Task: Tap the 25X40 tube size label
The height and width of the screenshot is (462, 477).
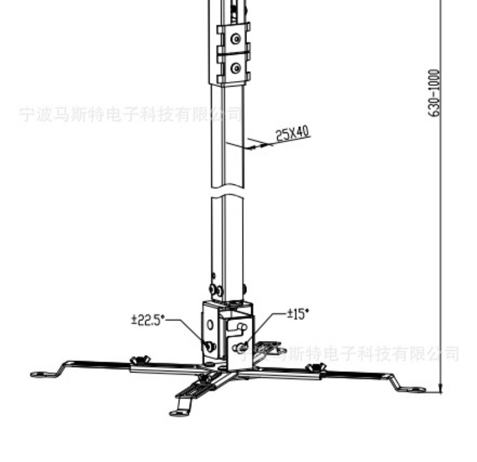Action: click(x=293, y=134)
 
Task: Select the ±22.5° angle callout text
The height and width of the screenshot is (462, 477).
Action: click(x=148, y=320)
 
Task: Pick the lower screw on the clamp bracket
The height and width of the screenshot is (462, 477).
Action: click(x=237, y=68)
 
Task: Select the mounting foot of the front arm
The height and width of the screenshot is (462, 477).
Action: click(x=178, y=413)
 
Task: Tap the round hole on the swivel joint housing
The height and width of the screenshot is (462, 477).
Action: click(x=210, y=324)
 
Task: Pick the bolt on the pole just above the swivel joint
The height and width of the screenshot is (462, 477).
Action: click(x=212, y=289)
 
